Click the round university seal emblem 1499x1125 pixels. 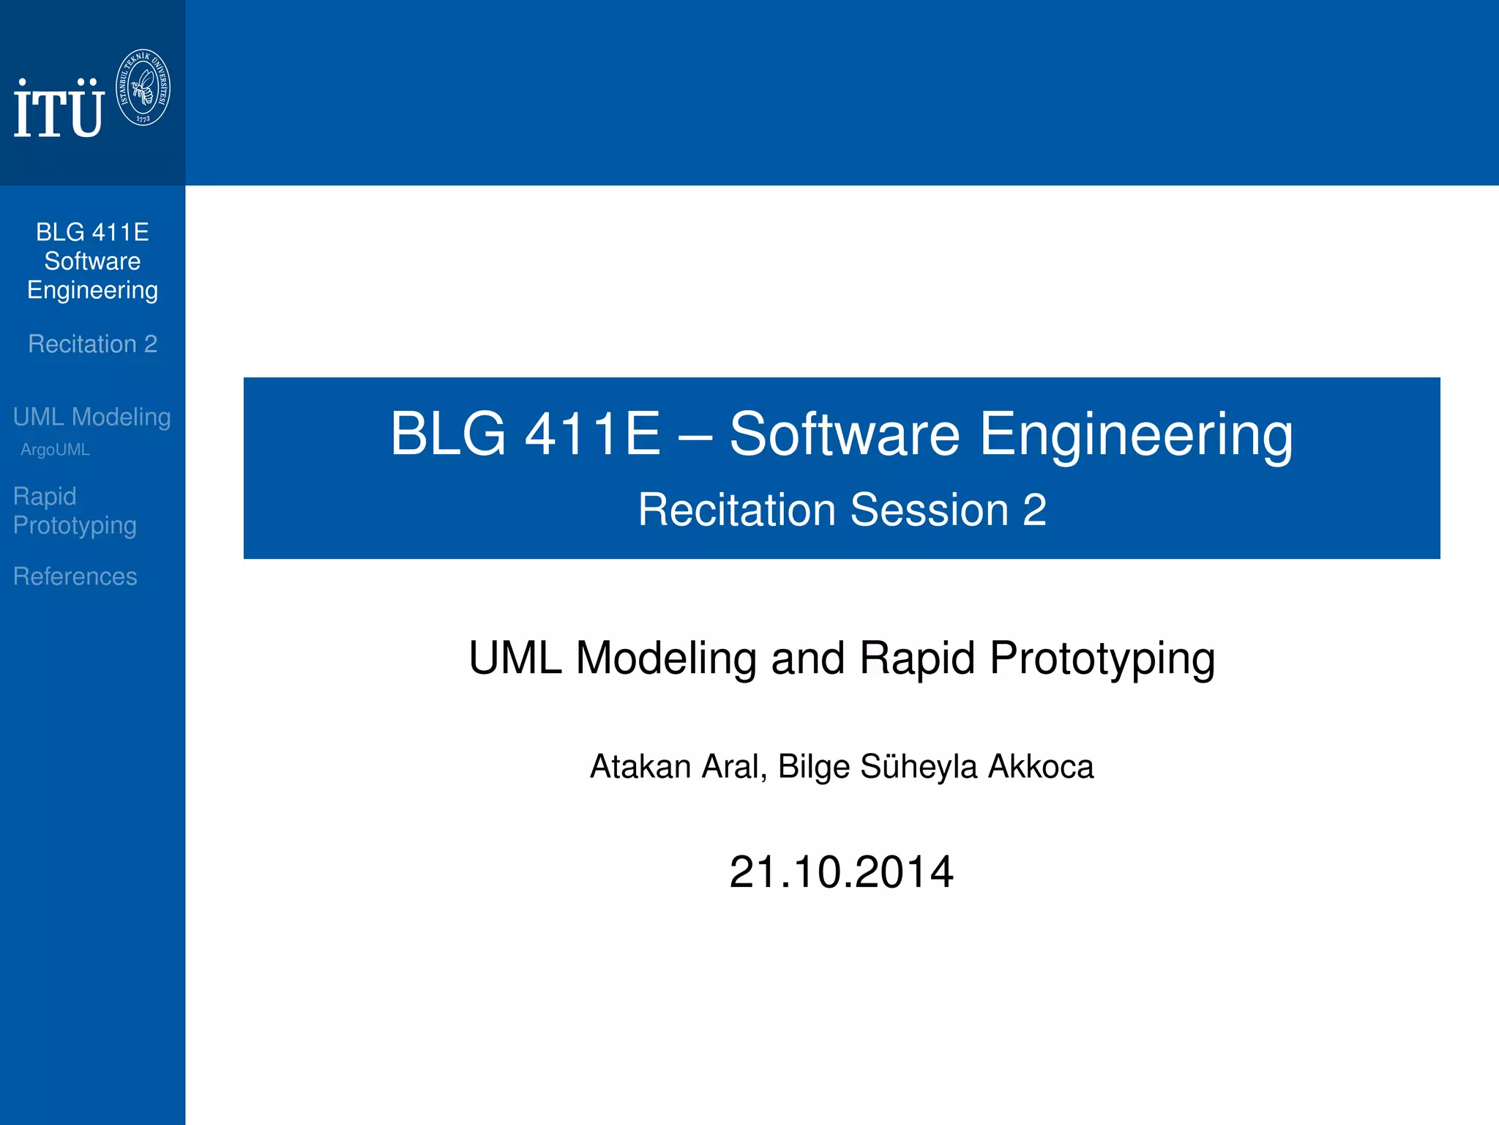coord(143,87)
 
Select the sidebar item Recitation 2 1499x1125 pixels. coord(92,344)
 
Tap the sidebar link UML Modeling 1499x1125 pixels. coord(91,417)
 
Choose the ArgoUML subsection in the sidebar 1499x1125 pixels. coord(55,450)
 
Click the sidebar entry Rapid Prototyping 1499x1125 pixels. coord(75,510)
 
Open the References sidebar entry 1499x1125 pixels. coord(75,576)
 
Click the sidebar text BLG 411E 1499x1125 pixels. coord(92,232)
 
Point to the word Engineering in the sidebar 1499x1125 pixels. coord(92,290)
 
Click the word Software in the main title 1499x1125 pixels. coord(844,434)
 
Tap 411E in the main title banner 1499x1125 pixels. coord(593,434)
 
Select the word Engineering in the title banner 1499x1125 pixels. coord(1136,434)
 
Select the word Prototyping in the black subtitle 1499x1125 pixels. coord(1102,657)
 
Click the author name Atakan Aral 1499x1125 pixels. coord(678,766)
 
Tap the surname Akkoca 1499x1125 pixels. coord(1040,766)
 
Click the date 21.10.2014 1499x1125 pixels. coord(841,872)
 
